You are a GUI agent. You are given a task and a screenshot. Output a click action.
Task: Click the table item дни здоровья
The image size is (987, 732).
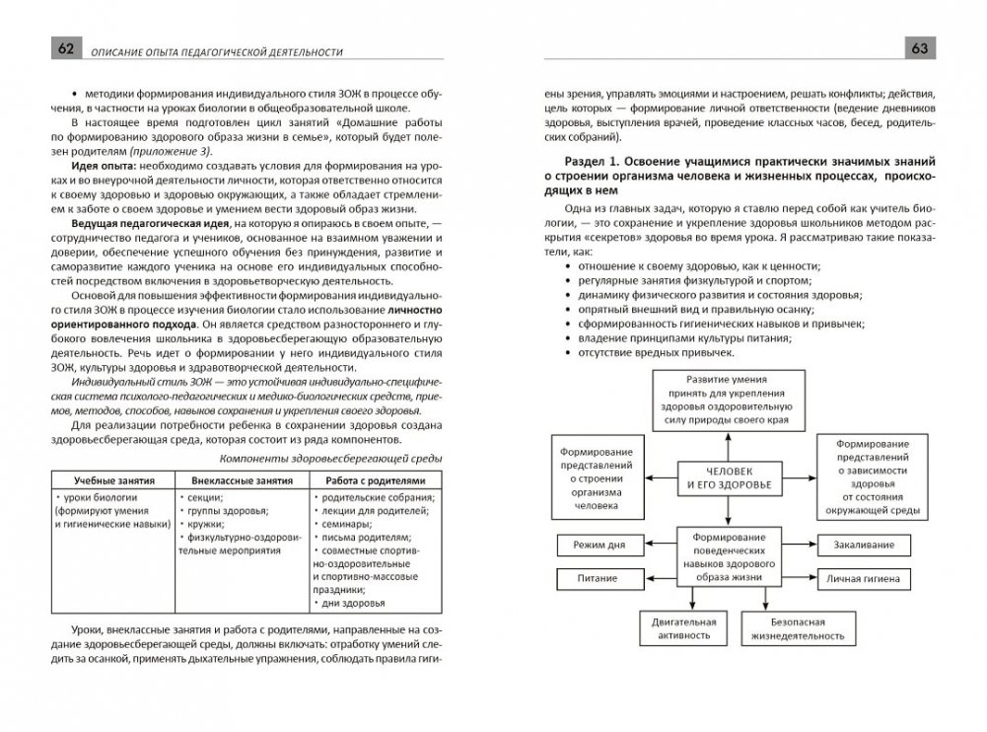click(352, 602)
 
